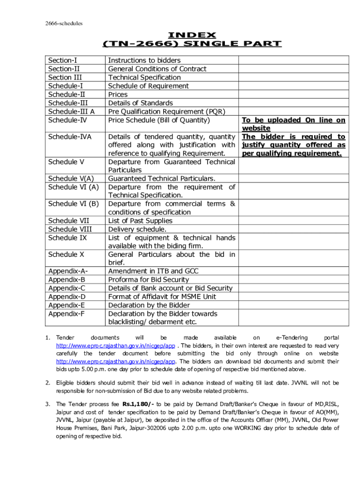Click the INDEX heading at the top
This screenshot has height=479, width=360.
(x=192, y=35)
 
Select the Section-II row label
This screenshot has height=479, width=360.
(x=62, y=69)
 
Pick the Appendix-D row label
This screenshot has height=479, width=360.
(x=67, y=297)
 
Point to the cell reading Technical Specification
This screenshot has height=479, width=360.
(x=144, y=77)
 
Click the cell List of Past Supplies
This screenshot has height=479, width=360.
(x=140, y=221)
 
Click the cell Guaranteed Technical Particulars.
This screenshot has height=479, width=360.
(x=162, y=179)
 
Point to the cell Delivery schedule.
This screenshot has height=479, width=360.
(x=137, y=229)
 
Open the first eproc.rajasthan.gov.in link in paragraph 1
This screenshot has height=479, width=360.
(x=115, y=346)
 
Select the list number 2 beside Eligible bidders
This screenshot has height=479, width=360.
(x=48, y=383)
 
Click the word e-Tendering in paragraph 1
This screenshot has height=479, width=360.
(x=292, y=338)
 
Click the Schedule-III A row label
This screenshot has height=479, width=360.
(x=72, y=111)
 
